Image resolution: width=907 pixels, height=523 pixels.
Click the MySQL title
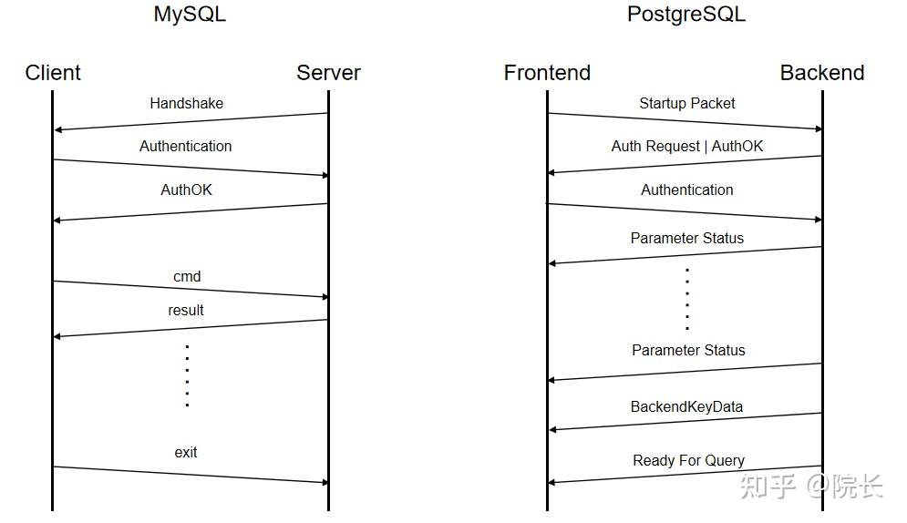point(190,15)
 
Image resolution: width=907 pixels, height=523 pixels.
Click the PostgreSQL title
point(685,15)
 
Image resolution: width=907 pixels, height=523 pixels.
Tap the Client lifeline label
point(53,73)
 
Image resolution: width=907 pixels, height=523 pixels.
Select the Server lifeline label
point(328,73)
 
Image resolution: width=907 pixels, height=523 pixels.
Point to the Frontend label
point(547,73)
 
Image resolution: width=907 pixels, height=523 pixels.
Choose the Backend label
point(822,73)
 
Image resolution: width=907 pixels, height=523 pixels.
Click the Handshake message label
point(186,103)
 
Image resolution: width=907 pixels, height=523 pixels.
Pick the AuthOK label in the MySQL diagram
point(186,190)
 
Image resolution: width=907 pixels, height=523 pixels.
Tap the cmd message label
point(187,276)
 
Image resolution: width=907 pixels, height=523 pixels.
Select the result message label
point(186,310)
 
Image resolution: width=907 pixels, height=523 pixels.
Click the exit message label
point(186,452)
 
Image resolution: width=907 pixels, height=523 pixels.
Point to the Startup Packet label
point(687,103)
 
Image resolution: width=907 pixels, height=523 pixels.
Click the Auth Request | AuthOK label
point(687,146)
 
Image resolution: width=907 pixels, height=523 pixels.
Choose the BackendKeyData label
point(686,406)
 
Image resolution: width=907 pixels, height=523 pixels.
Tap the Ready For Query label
point(688,460)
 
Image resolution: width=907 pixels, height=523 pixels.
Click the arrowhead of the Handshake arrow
point(58,129)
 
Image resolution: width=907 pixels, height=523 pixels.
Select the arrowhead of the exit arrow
point(324,481)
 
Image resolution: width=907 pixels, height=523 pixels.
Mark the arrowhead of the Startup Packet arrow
point(818,129)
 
